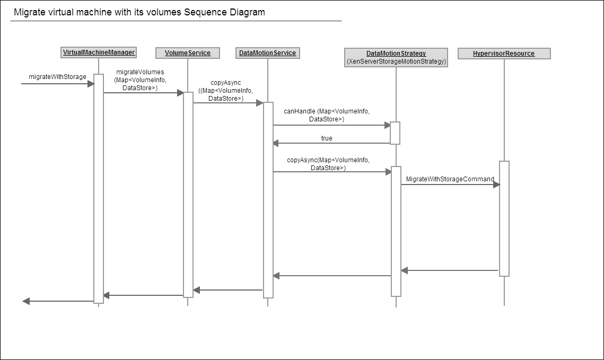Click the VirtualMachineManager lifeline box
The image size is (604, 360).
[x=99, y=52]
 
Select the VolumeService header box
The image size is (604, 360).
[x=188, y=52]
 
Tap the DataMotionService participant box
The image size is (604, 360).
[x=267, y=52]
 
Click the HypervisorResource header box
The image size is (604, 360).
[x=504, y=54]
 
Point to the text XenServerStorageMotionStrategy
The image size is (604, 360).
[x=396, y=62]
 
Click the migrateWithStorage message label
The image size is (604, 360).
[x=57, y=77]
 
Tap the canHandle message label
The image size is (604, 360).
[x=327, y=115]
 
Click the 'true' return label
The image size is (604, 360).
[x=327, y=138]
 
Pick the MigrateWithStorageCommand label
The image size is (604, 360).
[x=450, y=179]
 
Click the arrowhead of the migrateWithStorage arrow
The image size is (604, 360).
[x=91, y=84]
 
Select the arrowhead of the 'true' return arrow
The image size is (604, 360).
[x=276, y=143]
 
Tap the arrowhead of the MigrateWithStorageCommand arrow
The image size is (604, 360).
[x=497, y=185]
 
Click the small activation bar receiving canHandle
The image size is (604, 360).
[x=395, y=133]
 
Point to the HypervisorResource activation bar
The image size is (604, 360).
[x=504, y=218]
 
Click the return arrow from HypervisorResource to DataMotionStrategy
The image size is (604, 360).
[x=450, y=271]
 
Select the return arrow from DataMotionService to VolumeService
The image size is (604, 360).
[x=227, y=290]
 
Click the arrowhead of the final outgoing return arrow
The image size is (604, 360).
[x=26, y=301]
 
